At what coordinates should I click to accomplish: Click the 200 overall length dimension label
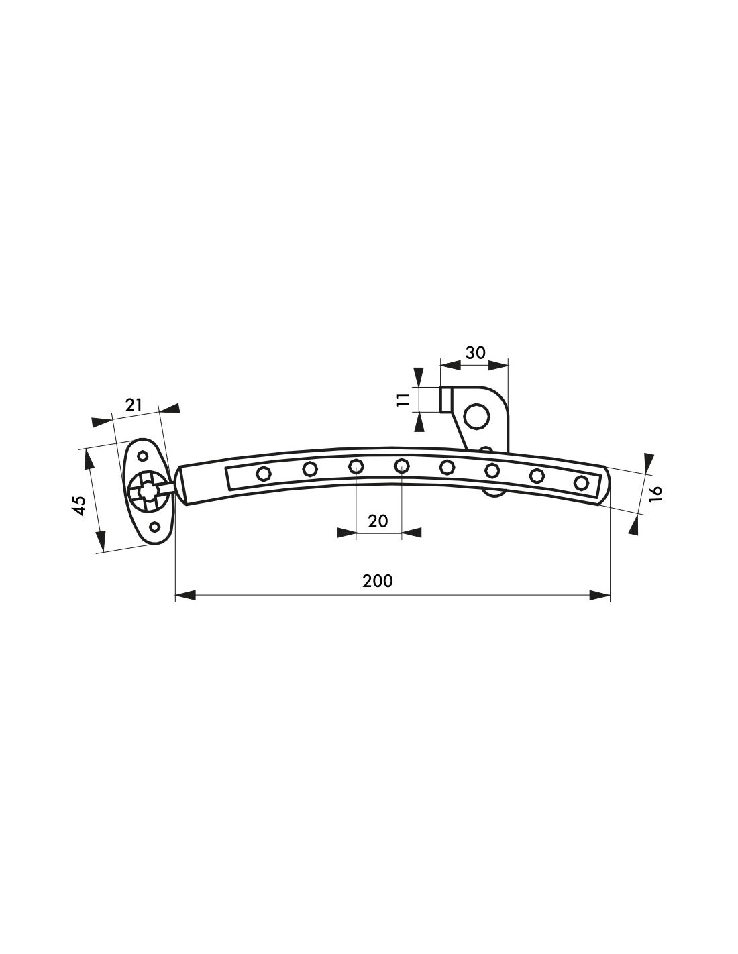(x=378, y=581)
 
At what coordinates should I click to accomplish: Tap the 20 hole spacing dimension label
(x=378, y=521)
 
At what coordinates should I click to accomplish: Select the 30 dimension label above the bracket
(x=476, y=352)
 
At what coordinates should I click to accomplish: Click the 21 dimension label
(x=134, y=405)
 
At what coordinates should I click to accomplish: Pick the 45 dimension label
(x=79, y=505)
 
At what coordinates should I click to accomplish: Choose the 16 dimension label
(x=655, y=494)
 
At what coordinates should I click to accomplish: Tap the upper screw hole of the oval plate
(x=143, y=456)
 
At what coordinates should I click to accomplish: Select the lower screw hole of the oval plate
(x=154, y=527)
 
